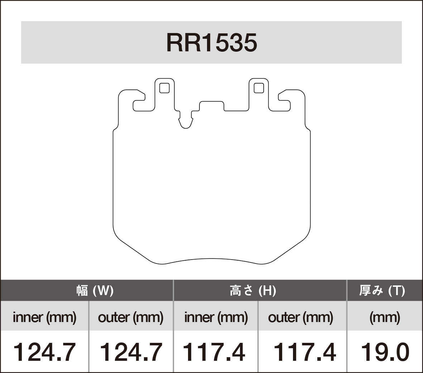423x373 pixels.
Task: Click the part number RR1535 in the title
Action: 211,43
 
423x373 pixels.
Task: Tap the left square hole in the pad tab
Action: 164,88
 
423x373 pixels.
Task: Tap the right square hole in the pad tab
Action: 259,88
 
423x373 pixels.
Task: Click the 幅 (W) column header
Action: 95,290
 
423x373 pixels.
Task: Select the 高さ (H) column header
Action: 253,290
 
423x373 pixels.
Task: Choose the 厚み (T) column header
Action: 382,290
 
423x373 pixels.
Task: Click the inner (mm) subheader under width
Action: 44,317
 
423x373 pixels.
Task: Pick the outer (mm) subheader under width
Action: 130,317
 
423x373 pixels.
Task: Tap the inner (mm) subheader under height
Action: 216,317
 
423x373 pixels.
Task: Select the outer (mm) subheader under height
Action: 301,317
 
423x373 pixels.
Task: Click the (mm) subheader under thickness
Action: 385,317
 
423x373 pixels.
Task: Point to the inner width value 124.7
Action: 44,352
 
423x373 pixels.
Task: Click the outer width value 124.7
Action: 130,352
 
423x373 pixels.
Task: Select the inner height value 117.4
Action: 214,352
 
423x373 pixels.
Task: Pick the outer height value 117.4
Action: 305,352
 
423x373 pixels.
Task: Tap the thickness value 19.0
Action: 385,352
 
